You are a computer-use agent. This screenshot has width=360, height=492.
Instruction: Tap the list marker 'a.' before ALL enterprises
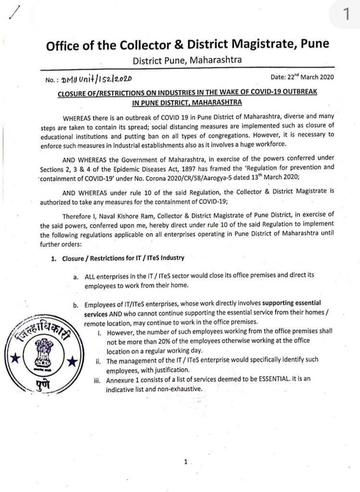76,278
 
